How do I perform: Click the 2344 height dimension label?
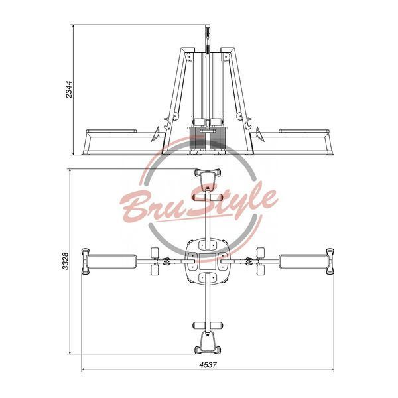[69, 90]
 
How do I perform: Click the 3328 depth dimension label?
[65, 261]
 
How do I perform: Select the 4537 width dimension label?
[208, 365]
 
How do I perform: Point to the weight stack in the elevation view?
[207, 139]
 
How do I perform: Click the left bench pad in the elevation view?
[111, 131]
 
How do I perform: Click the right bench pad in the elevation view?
[304, 131]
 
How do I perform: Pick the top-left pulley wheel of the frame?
[188, 57]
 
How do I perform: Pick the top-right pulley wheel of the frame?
[226, 57]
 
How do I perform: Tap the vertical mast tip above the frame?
[208, 26]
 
